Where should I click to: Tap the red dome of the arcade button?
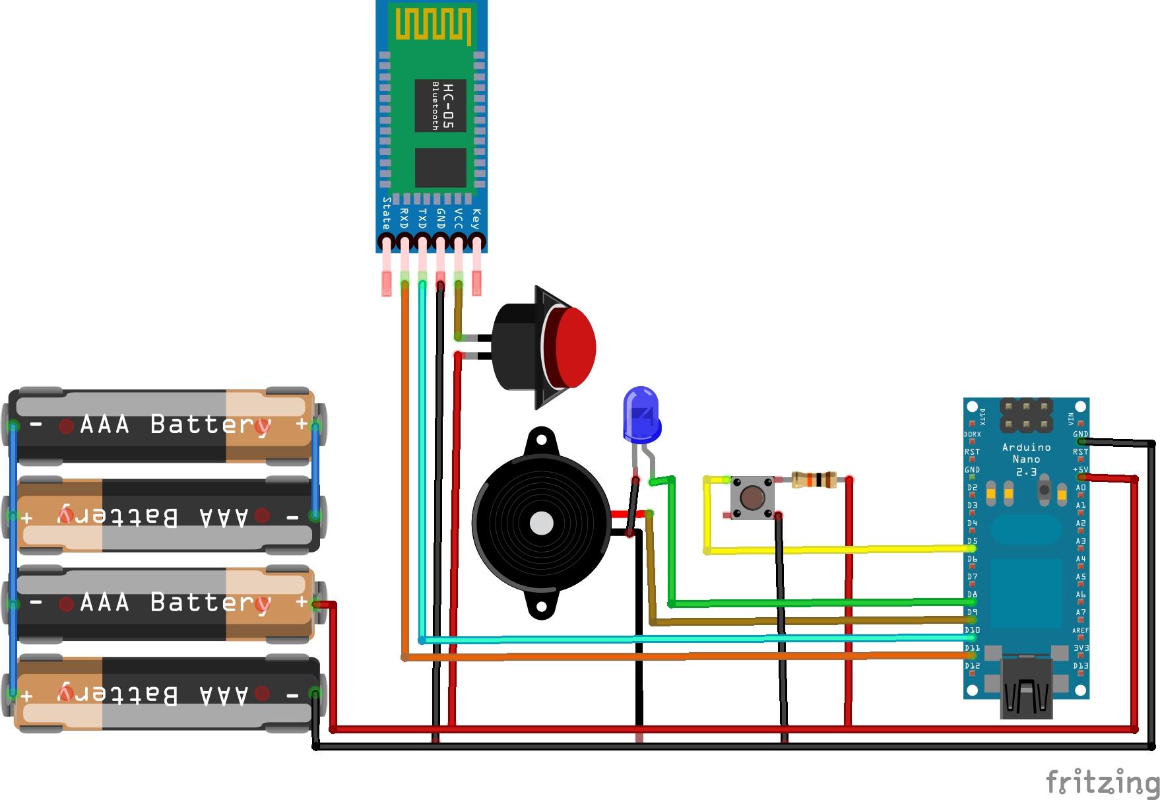click(575, 347)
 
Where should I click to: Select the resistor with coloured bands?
click(814, 480)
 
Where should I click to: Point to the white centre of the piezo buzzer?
click(542, 523)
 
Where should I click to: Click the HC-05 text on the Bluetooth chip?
click(449, 106)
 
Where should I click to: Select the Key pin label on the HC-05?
click(476, 218)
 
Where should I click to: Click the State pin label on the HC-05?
click(387, 213)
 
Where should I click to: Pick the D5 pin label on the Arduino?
click(972, 541)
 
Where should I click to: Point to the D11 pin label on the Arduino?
click(972, 648)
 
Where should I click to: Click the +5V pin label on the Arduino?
click(1080, 470)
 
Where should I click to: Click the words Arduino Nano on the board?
click(1026, 453)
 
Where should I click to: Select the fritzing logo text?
click(1102, 783)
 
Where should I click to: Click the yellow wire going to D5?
click(838, 549)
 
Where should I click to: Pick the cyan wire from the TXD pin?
click(660, 639)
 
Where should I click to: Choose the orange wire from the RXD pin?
click(660, 657)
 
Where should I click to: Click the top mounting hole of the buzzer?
click(542, 437)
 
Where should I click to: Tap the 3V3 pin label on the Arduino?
click(1081, 648)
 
